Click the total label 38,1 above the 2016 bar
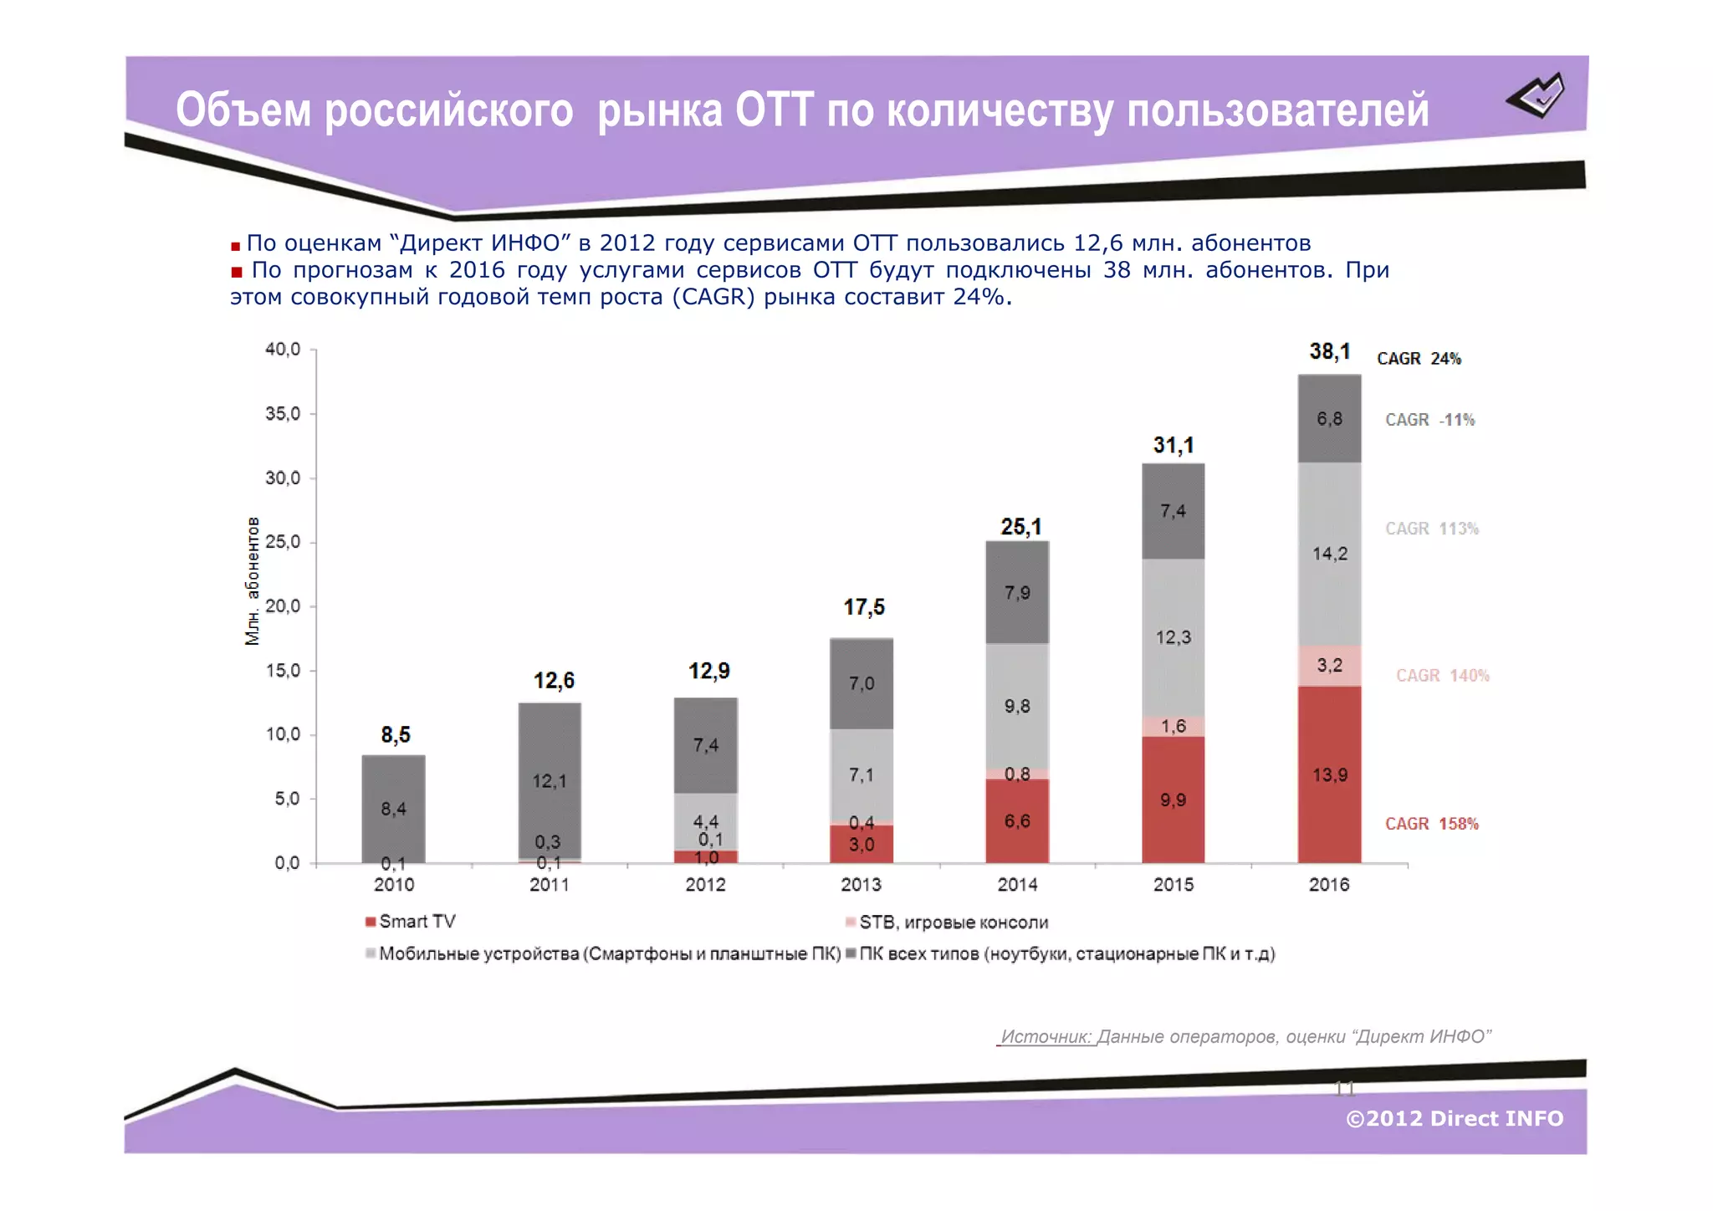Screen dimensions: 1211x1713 pyautogui.click(x=1329, y=352)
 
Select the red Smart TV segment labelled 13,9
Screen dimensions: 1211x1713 pyautogui.click(x=1329, y=774)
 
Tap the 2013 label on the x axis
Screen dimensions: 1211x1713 pyautogui.click(x=861, y=885)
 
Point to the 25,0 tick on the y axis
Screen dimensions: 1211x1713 pyautogui.click(x=283, y=542)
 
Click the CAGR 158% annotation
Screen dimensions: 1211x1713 pyautogui.click(x=1431, y=824)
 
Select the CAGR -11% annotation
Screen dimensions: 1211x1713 pyautogui.click(x=1429, y=420)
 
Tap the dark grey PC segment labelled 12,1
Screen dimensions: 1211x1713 pyautogui.click(x=550, y=781)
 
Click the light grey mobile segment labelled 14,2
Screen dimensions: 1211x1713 pyautogui.click(x=1329, y=554)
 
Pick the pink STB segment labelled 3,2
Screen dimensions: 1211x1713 pyautogui.click(x=1329, y=666)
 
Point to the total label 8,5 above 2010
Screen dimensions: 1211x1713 pyautogui.click(x=396, y=735)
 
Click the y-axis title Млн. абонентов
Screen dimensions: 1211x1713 pyautogui.click(x=252, y=581)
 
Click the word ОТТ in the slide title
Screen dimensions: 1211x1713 pyautogui.click(x=774, y=110)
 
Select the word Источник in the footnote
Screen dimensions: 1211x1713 pyautogui.click(x=1046, y=1037)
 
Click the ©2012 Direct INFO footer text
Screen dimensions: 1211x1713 pyautogui.click(x=1454, y=1119)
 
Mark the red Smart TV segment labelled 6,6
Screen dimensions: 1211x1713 pyautogui.click(x=1017, y=821)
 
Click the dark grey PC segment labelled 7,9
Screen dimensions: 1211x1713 pyautogui.click(x=1017, y=593)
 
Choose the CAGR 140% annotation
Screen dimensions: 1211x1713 pyautogui.click(x=1442, y=676)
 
